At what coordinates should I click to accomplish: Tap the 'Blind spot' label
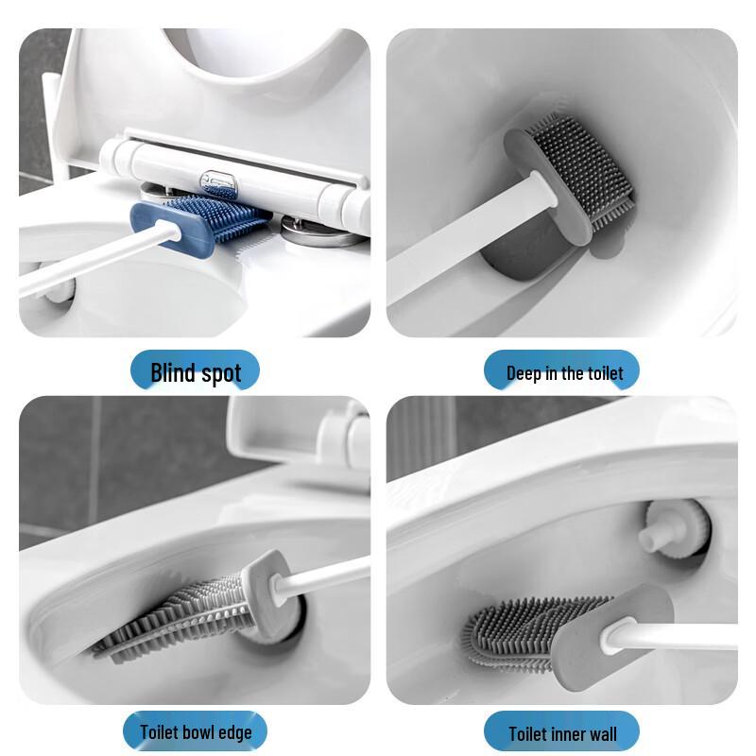196,372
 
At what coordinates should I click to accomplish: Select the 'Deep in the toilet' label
564,372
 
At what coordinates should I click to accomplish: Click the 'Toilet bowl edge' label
196,731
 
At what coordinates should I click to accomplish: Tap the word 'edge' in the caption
234,731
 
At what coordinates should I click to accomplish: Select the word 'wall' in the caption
599,732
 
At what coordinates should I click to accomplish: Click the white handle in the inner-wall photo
680,637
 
